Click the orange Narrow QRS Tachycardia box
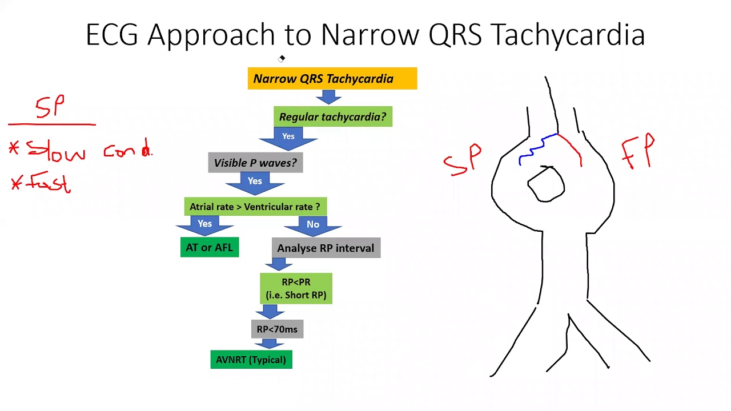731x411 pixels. point(332,78)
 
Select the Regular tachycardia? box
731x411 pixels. point(332,116)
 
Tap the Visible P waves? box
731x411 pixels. point(255,163)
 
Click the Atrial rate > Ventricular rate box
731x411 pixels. point(255,207)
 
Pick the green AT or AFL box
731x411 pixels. point(209,247)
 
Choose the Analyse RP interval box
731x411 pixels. point(326,248)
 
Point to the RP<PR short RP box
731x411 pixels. point(296,288)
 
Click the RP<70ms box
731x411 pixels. point(277,329)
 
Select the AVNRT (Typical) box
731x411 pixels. point(251,360)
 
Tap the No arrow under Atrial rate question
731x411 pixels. point(312,225)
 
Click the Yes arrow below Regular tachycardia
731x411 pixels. point(288,137)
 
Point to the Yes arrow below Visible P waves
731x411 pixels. point(255,182)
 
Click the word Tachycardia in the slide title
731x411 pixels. point(568,35)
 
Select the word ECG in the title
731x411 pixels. point(112,35)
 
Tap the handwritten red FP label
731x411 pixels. point(638,152)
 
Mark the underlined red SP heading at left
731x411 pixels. point(51,107)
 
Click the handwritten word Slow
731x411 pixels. point(56,152)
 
